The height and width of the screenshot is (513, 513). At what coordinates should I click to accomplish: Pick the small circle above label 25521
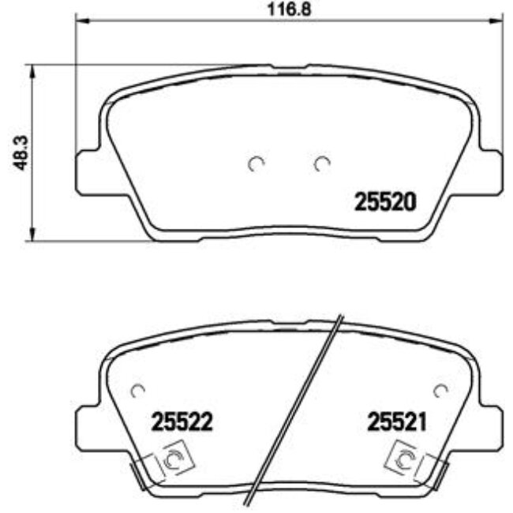[440, 389]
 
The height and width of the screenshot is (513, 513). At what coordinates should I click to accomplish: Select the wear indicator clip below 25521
[405, 458]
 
